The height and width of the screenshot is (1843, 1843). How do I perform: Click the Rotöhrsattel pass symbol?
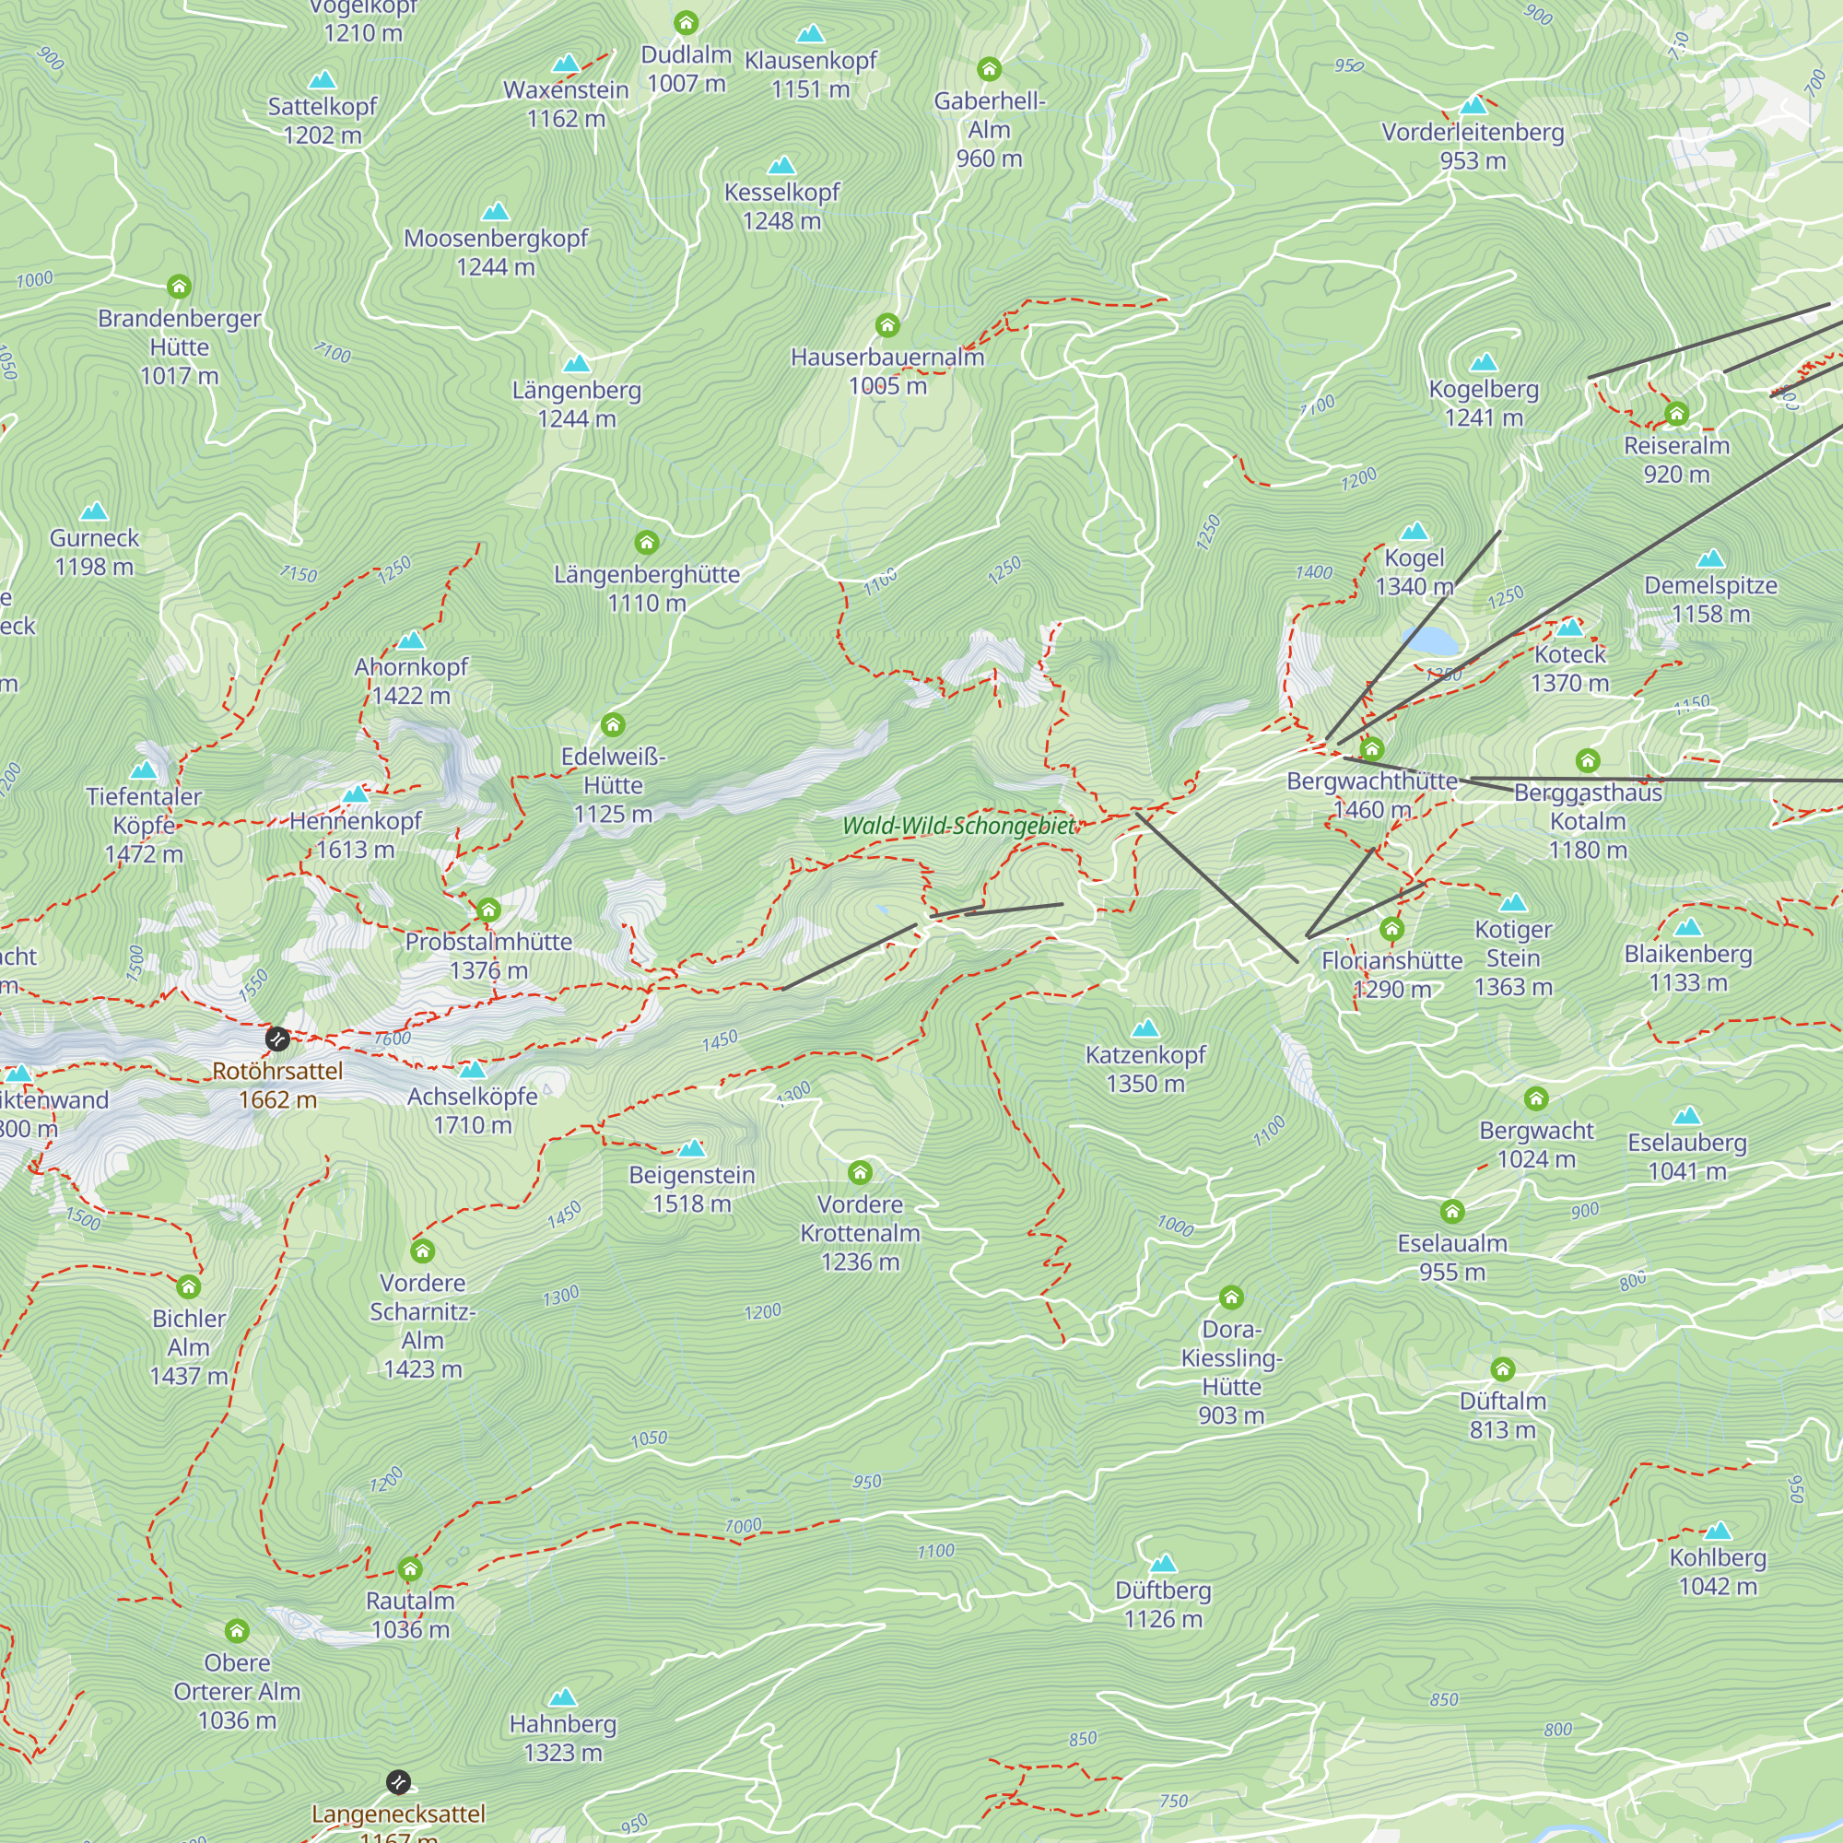[x=277, y=1039]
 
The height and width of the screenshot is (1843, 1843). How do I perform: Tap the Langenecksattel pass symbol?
[x=399, y=1781]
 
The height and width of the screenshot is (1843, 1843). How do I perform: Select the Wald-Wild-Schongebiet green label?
[x=957, y=826]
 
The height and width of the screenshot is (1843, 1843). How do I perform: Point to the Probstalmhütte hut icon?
[x=488, y=910]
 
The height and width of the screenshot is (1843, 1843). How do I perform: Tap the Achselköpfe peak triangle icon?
[x=473, y=1069]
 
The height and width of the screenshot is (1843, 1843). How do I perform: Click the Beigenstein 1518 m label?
[x=692, y=1189]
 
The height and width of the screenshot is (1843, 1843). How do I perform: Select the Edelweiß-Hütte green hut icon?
[x=614, y=726]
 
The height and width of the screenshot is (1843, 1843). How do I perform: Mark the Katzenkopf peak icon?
[x=1145, y=1028]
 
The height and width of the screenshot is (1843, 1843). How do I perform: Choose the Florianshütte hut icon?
[x=1391, y=929]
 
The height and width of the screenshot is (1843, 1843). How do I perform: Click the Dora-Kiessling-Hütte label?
[x=1230, y=1372]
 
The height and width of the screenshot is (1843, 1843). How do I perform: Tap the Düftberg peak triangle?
[x=1163, y=1564]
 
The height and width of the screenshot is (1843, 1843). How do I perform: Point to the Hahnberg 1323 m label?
[x=563, y=1738]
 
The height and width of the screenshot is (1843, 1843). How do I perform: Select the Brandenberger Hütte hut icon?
[x=180, y=287]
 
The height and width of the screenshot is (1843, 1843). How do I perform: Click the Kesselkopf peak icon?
[x=781, y=166]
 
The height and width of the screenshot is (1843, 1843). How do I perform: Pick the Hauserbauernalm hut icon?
[x=887, y=326]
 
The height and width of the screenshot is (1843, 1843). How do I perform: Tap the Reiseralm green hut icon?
[x=1676, y=414]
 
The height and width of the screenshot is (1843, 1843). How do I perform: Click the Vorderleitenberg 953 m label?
[x=1473, y=146]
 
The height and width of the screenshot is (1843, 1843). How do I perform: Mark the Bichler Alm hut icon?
[x=189, y=1286]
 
